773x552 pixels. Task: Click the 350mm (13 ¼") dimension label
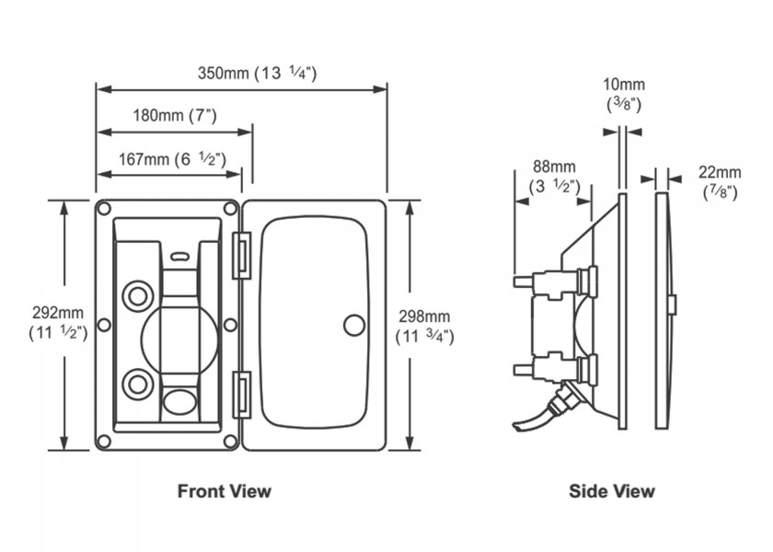pyautogui.click(x=257, y=74)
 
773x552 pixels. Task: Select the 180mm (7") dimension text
pyautogui.click(x=174, y=116)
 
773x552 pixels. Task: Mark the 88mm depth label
pyautogui.click(x=555, y=177)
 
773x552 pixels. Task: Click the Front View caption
pyautogui.click(x=225, y=490)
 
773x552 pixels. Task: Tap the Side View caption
pyautogui.click(x=612, y=490)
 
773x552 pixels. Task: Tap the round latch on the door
pyautogui.click(x=353, y=325)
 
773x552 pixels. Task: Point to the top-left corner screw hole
pyautogui.click(x=104, y=208)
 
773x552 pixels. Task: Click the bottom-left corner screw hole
pyautogui.click(x=104, y=443)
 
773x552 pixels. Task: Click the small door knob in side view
pyautogui.click(x=674, y=304)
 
